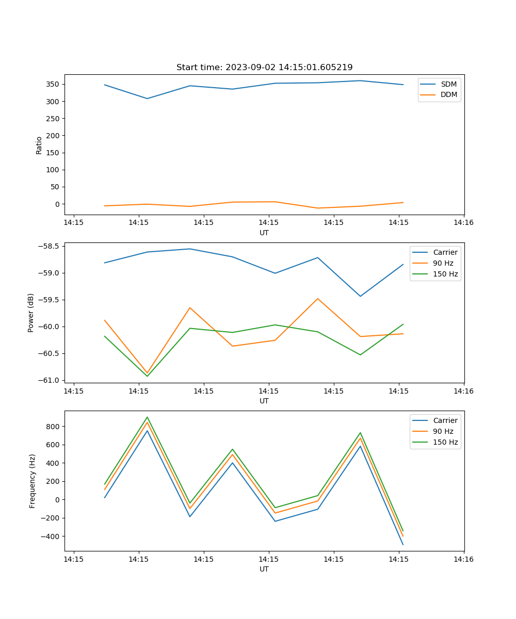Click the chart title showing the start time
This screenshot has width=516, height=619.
pyautogui.click(x=264, y=68)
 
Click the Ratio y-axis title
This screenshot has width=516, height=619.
pyautogui.click(x=39, y=145)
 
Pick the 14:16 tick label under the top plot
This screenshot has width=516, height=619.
pyautogui.click(x=463, y=222)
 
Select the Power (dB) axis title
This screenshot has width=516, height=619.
pyautogui.click(x=31, y=313)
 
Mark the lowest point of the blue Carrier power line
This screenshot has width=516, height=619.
pyautogui.click(x=360, y=296)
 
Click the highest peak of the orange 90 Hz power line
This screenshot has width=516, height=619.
pyautogui.click(x=318, y=299)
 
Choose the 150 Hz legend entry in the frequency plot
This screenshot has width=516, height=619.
pyautogui.click(x=445, y=442)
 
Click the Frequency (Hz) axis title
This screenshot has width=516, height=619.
pyautogui.click(x=32, y=481)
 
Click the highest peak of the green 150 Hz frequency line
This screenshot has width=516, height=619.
pyautogui.click(x=148, y=417)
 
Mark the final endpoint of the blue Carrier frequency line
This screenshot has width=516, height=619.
pyautogui.click(x=403, y=545)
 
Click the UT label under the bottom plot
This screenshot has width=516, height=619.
pyautogui.click(x=264, y=569)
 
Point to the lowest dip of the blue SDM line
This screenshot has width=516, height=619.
pyautogui.click(x=148, y=99)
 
